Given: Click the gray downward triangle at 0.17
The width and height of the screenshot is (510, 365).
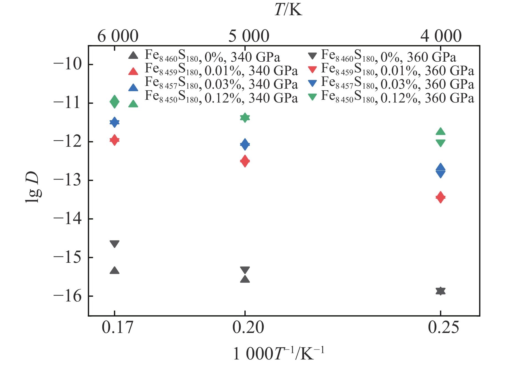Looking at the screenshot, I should pyautogui.click(x=115, y=244).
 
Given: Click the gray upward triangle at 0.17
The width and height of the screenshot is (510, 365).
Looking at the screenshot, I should pyautogui.click(x=115, y=271).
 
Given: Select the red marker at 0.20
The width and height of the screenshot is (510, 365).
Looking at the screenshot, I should pyautogui.click(x=245, y=161).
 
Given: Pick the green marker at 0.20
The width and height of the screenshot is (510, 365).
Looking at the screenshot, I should pyautogui.click(x=245, y=118).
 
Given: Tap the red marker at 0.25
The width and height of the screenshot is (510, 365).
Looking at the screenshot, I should pyautogui.click(x=440, y=197).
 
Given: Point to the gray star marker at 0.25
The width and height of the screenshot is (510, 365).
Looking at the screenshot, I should pyautogui.click(x=440, y=291).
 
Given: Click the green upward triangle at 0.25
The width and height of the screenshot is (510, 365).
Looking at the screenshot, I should pyautogui.click(x=440, y=132).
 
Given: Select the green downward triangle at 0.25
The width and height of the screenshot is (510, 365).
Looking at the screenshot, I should pyautogui.click(x=440, y=143).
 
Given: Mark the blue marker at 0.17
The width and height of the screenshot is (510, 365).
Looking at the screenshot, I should pyautogui.click(x=115, y=122).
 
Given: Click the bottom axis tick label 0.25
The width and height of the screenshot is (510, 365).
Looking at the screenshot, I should pyautogui.click(x=444, y=327).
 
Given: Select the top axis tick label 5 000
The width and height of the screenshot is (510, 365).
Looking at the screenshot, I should pyautogui.click(x=249, y=36).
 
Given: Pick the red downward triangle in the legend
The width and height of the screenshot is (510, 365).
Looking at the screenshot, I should pyautogui.click(x=312, y=70).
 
